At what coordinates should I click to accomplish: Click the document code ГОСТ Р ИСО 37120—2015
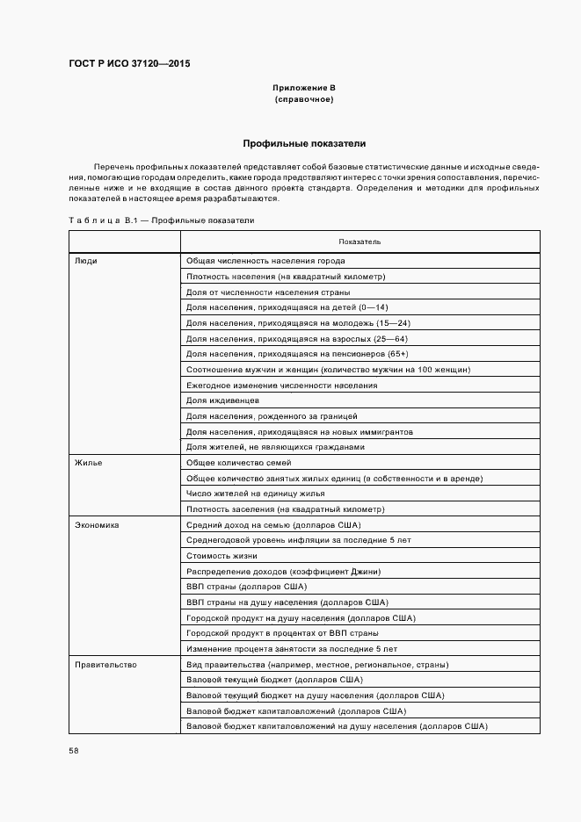(x=129, y=64)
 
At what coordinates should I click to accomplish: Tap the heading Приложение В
(x=303, y=89)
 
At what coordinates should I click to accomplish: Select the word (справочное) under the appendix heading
(x=303, y=100)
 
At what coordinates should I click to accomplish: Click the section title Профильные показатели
(x=303, y=143)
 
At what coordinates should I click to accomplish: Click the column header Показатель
(x=359, y=241)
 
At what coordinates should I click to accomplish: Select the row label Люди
(x=86, y=261)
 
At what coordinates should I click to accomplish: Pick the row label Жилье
(x=89, y=463)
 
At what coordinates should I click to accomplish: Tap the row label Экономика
(x=97, y=524)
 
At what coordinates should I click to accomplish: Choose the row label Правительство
(x=105, y=665)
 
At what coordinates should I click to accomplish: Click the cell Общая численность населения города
(x=265, y=261)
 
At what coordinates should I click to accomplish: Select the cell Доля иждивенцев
(x=222, y=400)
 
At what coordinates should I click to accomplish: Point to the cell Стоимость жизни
(x=222, y=556)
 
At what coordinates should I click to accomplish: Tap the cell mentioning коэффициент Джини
(x=283, y=571)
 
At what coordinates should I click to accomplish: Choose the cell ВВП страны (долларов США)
(x=246, y=587)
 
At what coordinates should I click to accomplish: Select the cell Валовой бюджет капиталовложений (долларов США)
(x=284, y=710)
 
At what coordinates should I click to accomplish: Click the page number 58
(x=74, y=750)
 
